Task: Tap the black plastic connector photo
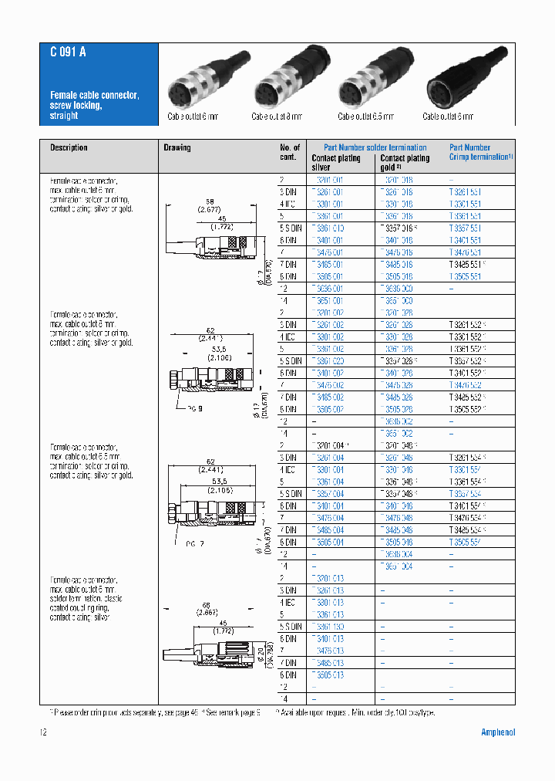[x=461, y=80]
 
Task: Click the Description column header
[x=69, y=147]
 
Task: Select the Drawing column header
[x=177, y=147]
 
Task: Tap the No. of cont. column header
[x=290, y=152]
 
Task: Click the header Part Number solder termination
[x=375, y=147]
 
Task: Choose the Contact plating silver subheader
[x=335, y=162]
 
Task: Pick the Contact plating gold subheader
[x=405, y=162]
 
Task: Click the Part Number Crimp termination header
[x=481, y=152]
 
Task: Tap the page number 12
[x=43, y=732]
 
